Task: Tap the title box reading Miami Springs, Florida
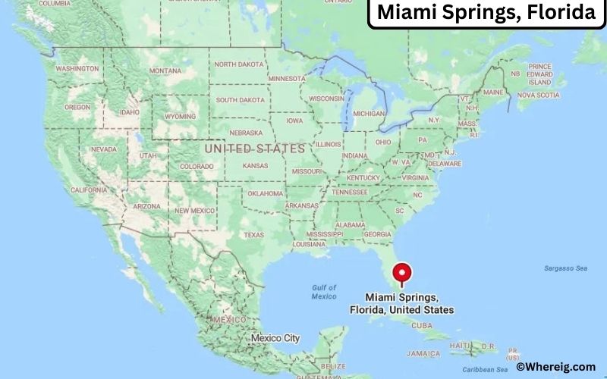(x=486, y=14)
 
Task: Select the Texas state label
(x=254, y=235)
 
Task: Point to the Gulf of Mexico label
(x=323, y=292)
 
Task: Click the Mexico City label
(x=275, y=337)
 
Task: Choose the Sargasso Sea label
(x=565, y=268)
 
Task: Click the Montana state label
(x=165, y=70)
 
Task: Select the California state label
(x=88, y=189)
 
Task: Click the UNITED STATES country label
(x=255, y=149)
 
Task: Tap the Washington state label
(x=77, y=68)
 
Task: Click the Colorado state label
(x=197, y=166)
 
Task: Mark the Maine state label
(x=493, y=92)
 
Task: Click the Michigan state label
(x=369, y=114)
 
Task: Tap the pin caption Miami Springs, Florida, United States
(x=401, y=303)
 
